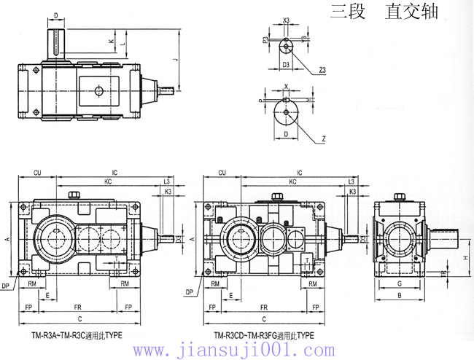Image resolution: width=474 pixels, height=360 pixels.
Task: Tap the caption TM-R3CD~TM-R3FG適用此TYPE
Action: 263,336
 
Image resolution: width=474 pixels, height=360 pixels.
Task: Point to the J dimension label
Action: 176,60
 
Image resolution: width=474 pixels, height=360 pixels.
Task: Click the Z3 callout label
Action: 322,71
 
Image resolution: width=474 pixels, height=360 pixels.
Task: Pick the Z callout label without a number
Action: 322,136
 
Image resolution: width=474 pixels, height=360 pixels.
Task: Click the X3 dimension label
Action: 285,20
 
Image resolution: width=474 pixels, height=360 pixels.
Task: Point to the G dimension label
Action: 399,283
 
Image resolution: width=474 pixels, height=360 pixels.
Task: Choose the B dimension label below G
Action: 399,297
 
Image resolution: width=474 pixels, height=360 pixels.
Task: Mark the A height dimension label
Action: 7,239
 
